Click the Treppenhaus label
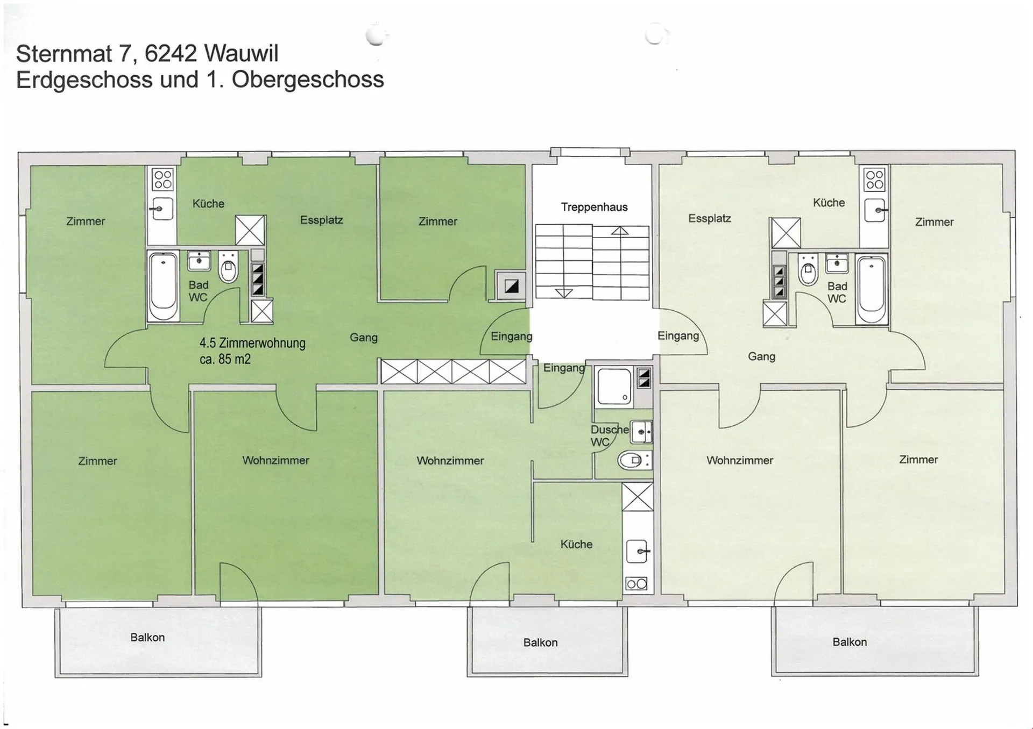(594, 207)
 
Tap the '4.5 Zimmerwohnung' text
(252, 343)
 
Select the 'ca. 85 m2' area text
(225, 359)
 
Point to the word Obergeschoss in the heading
(308, 80)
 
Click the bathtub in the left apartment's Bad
(163, 286)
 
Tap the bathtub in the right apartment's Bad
(872, 290)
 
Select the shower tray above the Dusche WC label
(614, 387)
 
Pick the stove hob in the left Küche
(162, 180)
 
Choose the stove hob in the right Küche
(875, 180)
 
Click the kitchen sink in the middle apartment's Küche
(638, 552)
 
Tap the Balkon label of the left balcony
(147, 638)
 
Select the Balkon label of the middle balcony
(540, 642)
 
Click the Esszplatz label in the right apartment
(710, 218)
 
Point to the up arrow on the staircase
(620, 232)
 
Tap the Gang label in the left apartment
(364, 338)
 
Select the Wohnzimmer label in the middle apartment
(450, 461)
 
